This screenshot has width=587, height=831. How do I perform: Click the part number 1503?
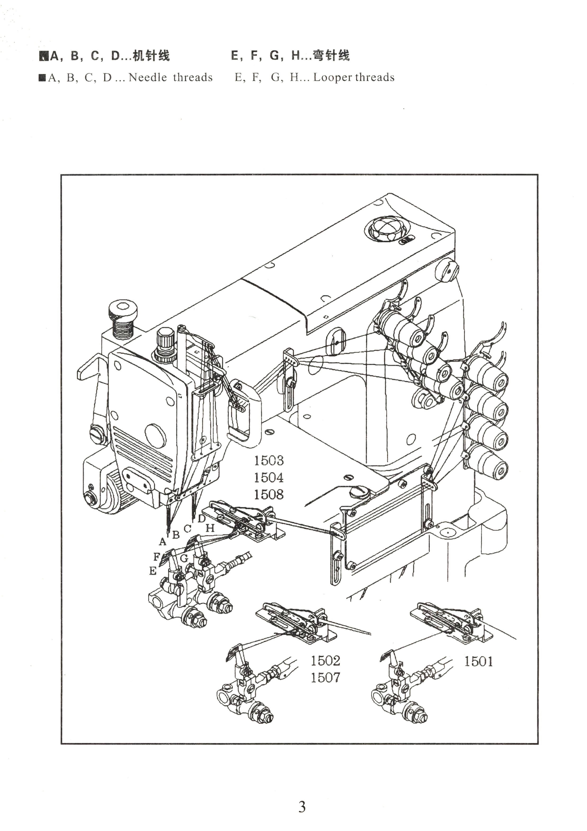pyautogui.click(x=268, y=461)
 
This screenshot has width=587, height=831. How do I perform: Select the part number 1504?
pyautogui.click(x=268, y=478)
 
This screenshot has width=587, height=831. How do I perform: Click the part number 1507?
pyautogui.click(x=325, y=677)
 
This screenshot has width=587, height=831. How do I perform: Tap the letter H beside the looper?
pyautogui.click(x=210, y=528)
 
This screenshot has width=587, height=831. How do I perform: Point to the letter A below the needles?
pyautogui.click(x=163, y=542)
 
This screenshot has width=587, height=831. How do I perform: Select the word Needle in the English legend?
pyautogui.click(x=147, y=77)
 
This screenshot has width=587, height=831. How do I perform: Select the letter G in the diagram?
pyautogui.click(x=184, y=558)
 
